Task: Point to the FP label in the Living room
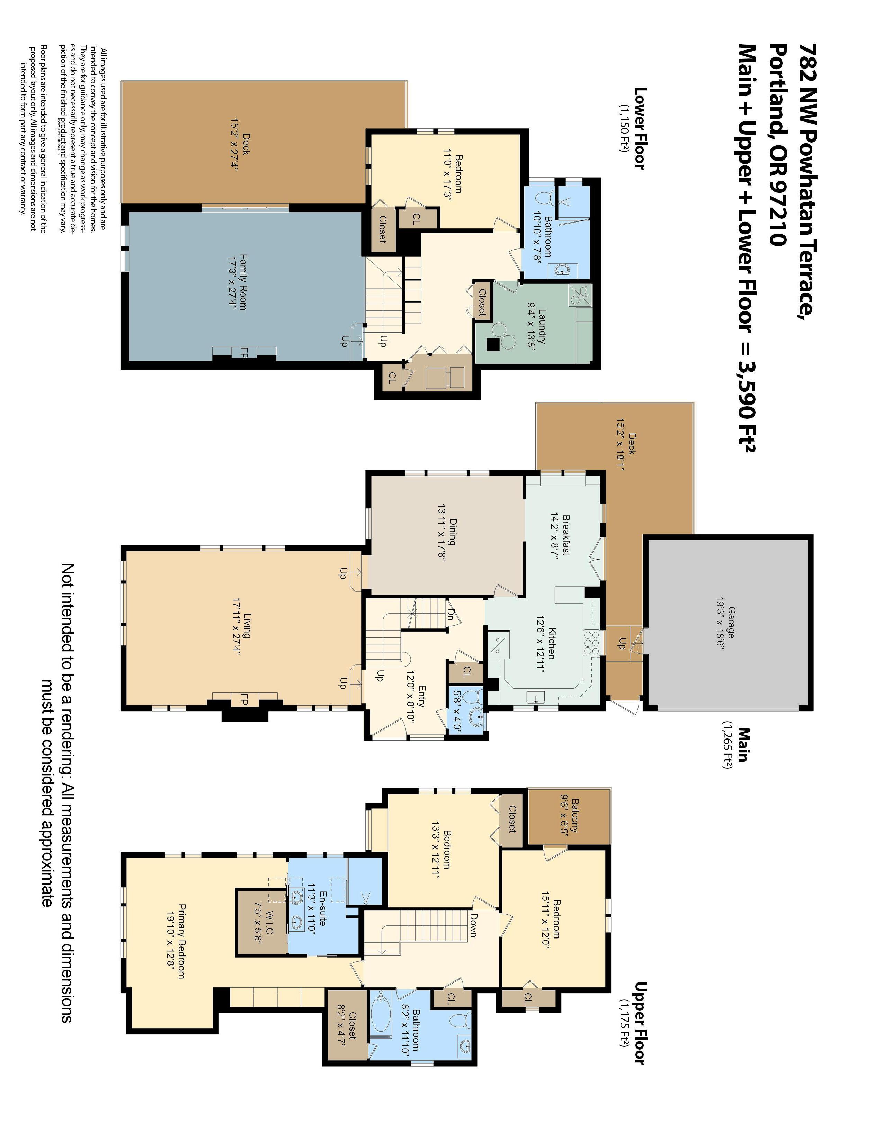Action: pos(244,699)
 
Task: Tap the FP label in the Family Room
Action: pos(244,353)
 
